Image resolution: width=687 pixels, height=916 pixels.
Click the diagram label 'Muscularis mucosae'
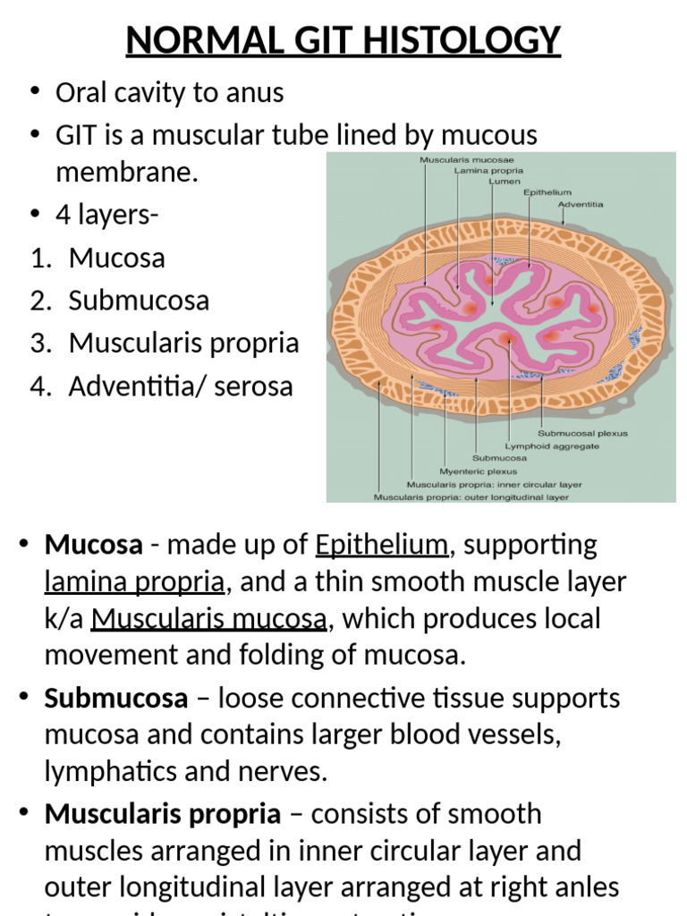455,160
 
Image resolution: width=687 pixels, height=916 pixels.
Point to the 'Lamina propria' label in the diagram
488,170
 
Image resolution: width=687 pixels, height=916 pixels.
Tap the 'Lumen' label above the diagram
505,181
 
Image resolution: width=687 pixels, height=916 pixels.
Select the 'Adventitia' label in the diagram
581,204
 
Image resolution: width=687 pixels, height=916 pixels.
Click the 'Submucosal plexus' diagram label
583,433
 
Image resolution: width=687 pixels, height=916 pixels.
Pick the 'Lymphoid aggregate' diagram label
552,445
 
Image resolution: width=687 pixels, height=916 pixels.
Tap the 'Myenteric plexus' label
478,471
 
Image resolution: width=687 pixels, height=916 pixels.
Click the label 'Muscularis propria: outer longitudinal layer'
471,496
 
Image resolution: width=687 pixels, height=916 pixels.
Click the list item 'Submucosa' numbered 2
139,301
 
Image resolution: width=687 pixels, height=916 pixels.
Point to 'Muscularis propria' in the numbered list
183,343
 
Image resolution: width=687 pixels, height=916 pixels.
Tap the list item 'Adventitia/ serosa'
181,386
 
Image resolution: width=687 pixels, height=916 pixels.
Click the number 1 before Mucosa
38,259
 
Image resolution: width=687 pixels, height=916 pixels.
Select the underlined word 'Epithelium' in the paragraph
381,545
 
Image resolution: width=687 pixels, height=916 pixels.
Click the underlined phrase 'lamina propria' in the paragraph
134,582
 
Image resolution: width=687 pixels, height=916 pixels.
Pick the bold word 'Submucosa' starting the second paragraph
116,698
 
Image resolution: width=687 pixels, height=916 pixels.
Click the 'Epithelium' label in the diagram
547,192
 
